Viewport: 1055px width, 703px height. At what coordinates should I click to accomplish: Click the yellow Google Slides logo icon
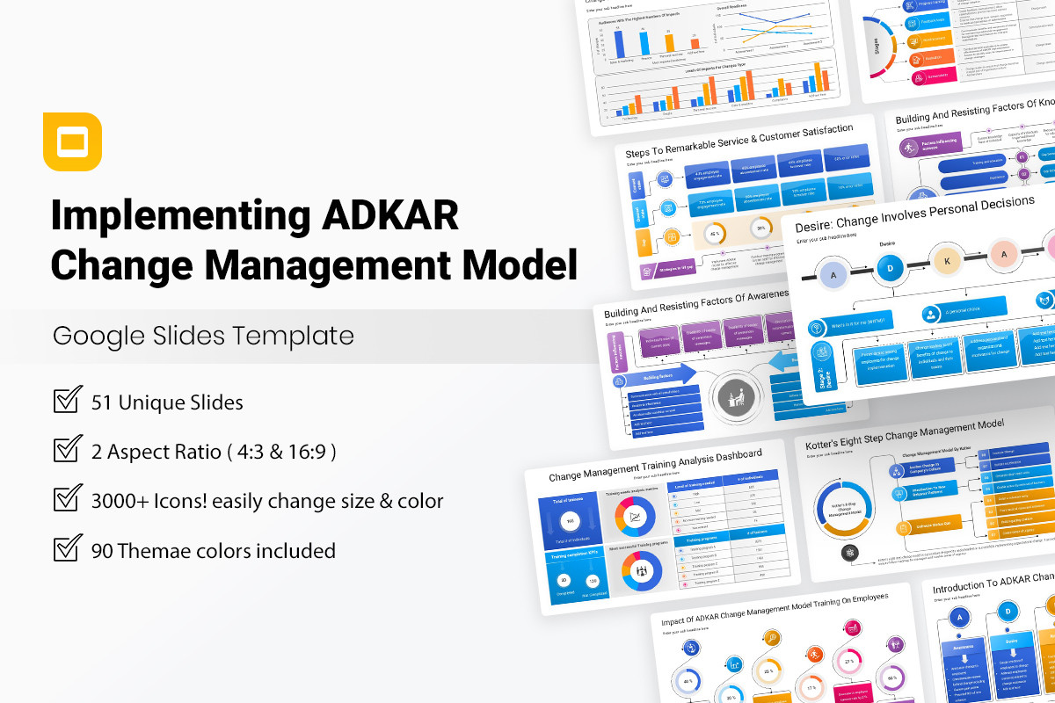pyautogui.click(x=72, y=141)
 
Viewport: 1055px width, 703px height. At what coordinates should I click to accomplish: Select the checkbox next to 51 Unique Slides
pyautogui.click(x=68, y=401)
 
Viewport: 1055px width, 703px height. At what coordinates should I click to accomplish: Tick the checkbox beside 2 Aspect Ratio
pyautogui.click(x=68, y=450)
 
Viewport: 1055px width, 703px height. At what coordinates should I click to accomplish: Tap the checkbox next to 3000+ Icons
pyautogui.click(x=68, y=499)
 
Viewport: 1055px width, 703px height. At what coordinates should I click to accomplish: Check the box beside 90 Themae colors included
pyautogui.click(x=68, y=549)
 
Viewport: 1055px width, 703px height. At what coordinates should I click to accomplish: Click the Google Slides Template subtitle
pyautogui.click(x=203, y=336)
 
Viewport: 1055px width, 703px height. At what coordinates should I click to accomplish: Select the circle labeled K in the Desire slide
pyautogui.click(x=946, y=262)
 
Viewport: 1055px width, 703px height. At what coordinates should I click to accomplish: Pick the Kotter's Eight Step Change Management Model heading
pyautogui.click(x=904, y=435)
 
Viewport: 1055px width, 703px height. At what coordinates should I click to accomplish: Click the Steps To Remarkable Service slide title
pyautogui.click(x=738, y=141)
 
